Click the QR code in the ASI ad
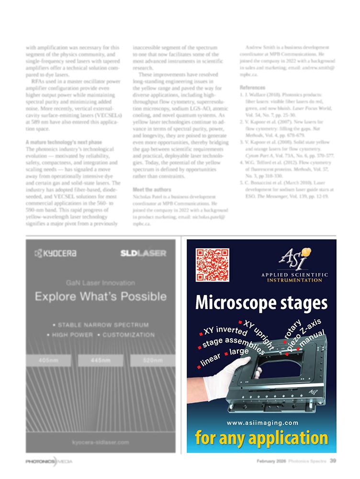213,264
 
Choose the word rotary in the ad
292,331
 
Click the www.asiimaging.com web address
262,422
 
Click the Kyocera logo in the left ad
56,253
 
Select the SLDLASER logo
143,253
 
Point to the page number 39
332,461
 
